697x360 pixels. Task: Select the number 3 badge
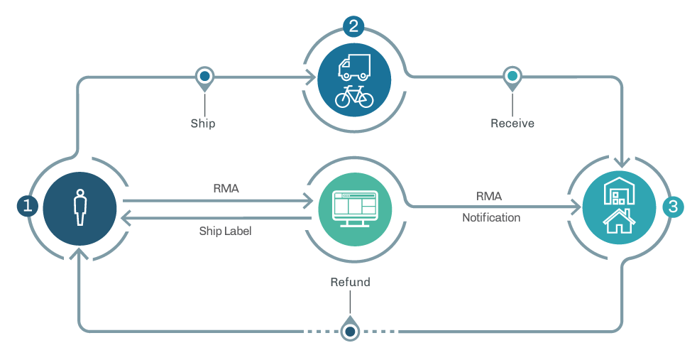(x=673, y=207)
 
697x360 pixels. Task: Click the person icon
(x=79, y=207)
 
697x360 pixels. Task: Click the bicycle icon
(x=353, y=96)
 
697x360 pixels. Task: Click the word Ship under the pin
(x=203, y=124)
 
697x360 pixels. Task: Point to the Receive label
(x=512, y=124)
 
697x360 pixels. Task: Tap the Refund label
(x=350, y=282)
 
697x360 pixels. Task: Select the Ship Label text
(x=225, y=231)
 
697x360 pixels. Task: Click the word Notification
(x=491, y=217)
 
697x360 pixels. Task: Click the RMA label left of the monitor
(x=226, y=189)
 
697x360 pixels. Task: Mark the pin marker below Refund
(x=350, y=330)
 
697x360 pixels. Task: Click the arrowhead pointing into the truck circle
(x=311, y=77)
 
